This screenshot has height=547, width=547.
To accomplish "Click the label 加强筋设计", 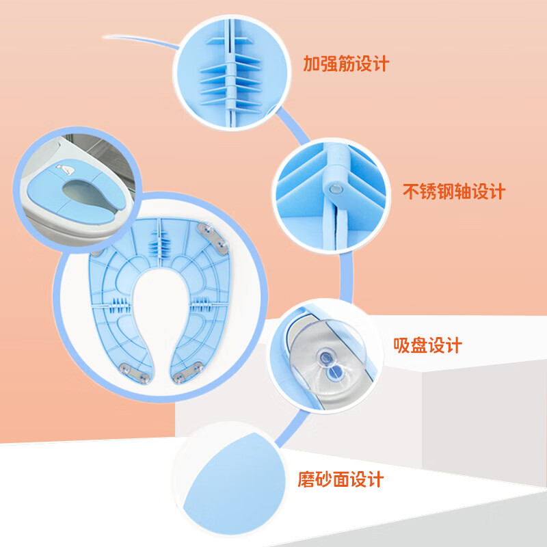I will point(346,64).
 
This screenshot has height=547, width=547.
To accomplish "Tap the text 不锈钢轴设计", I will point(453,191).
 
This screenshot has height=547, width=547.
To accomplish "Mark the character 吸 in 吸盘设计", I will point(403,345).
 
